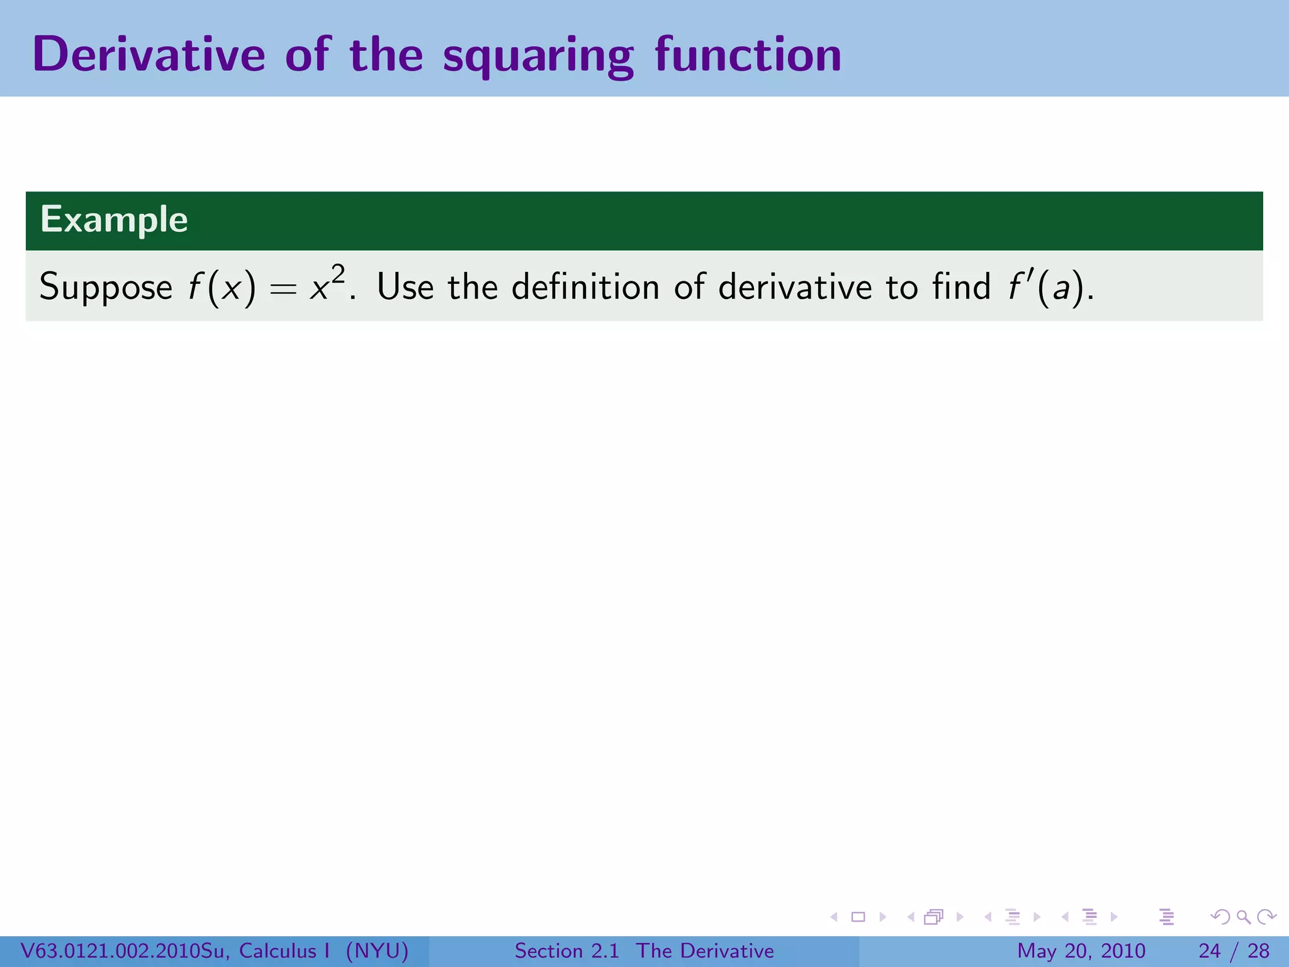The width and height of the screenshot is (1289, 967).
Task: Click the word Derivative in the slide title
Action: point(149,55)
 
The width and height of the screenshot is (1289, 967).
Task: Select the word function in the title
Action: point(748,55)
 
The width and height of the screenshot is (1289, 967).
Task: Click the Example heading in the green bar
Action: point(114,220)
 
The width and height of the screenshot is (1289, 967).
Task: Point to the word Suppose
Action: point(106,288)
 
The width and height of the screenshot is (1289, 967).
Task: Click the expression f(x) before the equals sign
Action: point(222,288)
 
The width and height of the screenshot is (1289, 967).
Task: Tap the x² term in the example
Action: point(327,284)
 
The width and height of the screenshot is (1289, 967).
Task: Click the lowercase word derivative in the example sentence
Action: point(795,286)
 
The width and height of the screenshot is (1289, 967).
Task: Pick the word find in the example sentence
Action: point(961,286)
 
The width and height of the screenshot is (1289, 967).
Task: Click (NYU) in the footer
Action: point(377,951)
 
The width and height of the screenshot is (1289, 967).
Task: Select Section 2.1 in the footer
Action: point(566,951)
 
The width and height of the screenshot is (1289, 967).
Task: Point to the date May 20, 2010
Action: point(1081,951)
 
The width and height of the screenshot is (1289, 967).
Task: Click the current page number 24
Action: point(1209,951)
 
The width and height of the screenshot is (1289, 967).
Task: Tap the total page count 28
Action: point(1258,951)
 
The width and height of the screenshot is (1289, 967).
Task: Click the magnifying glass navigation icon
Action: point(1243,917)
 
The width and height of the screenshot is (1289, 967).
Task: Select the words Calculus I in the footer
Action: point(284,951)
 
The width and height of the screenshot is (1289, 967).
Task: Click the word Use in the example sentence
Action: point(405,286)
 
